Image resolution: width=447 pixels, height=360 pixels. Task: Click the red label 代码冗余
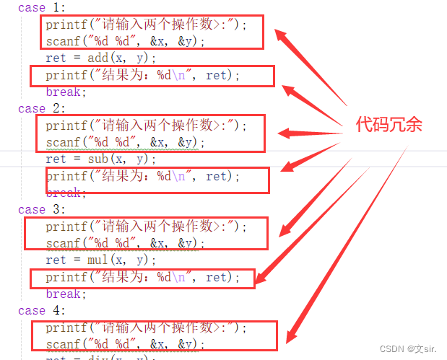pos(389,124)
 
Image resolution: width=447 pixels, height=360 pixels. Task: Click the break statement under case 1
pos(66,92)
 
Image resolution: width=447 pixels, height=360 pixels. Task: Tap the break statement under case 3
pos(66,294)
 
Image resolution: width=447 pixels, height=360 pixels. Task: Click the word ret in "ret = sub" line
pos(56,159)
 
